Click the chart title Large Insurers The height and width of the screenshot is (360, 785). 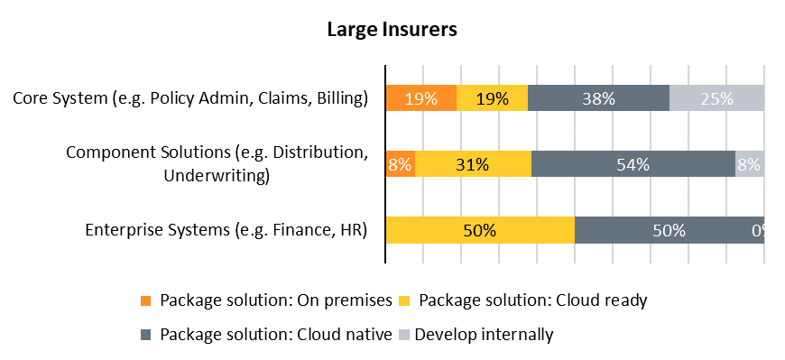(x=392, y=30)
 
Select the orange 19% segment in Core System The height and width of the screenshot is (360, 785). (x=421, y=97)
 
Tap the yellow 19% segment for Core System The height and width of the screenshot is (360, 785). (x=492, y=97)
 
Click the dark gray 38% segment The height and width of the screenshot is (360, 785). (x=599, y=97)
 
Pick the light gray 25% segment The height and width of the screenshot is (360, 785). (x=717, y=97)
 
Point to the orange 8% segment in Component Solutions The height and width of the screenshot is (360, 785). (x=401, y=163)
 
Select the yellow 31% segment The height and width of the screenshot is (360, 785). (x=473, y=163)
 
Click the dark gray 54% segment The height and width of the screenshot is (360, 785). (x=633, y=163)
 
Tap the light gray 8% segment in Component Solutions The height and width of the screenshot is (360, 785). (x=750, y=163)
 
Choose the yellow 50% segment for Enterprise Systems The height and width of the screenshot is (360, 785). (x=480, y=230)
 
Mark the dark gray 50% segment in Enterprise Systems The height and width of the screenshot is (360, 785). (x=670, y=230)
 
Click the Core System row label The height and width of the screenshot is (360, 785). (x=190, y=98)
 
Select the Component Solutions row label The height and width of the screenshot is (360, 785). (x=217, y=163)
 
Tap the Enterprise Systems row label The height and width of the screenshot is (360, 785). (x=226, y=230)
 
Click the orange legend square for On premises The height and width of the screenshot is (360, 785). (x=145, y=300)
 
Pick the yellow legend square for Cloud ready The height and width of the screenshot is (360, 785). (x=404, y=300)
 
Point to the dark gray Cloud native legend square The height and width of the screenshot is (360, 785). (x=145, y=335)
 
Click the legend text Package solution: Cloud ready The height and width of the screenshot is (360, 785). (x=532, y=300)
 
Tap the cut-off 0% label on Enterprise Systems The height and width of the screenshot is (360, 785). (x=758, y=230)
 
